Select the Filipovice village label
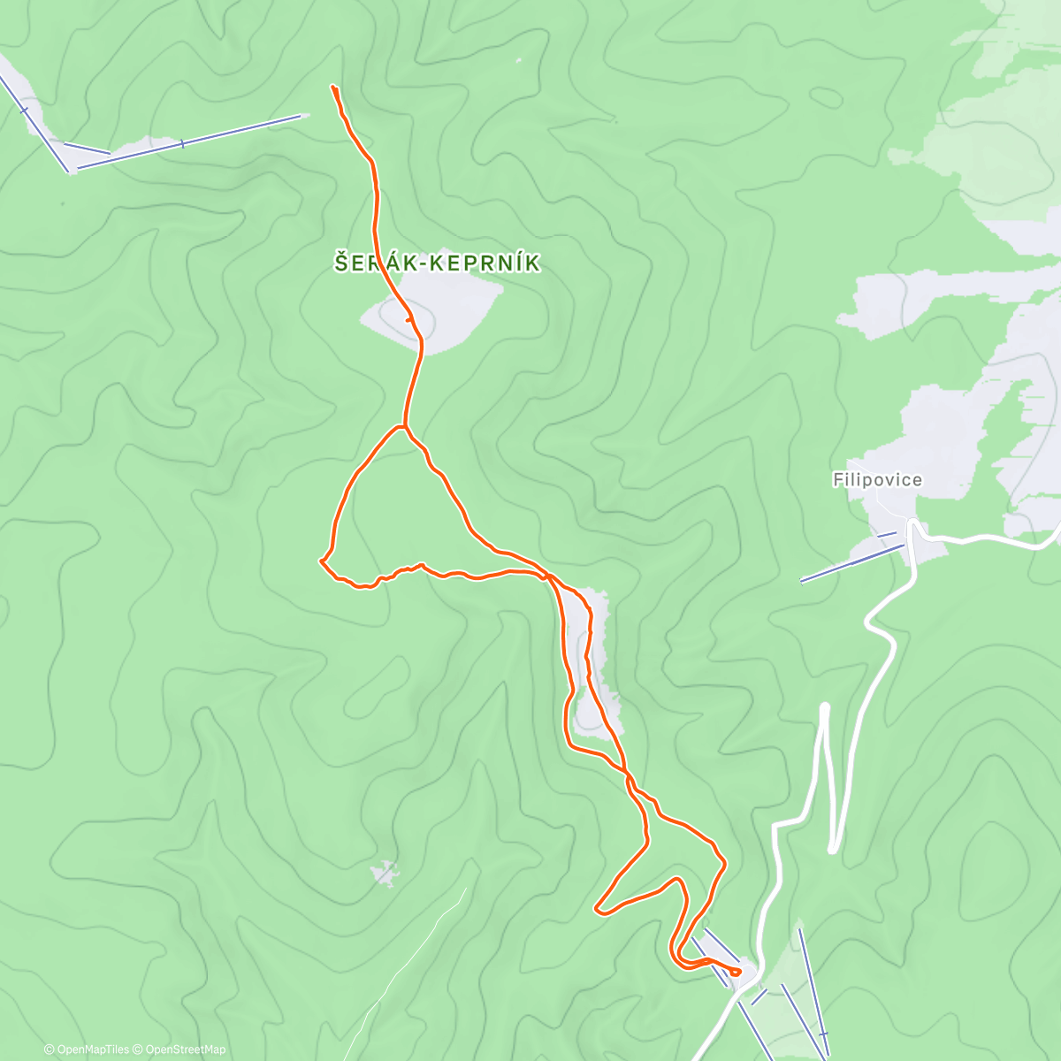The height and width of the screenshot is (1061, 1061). click(877, 480)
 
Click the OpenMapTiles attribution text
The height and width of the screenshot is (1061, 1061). click(92, 1050)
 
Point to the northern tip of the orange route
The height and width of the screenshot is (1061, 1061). click(333, 87)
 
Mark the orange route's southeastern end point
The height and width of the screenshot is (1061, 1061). click(737, 973)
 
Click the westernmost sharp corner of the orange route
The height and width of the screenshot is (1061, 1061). click(321, 561)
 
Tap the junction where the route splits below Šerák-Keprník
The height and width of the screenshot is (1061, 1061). click(404, 427)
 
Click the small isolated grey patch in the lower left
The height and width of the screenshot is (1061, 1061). click(384, 874)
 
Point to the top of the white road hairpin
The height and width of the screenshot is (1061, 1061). click(825, 707)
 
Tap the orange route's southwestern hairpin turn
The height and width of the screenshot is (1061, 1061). click(599, 907)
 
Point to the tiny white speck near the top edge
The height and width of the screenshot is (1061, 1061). click(518, 61)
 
